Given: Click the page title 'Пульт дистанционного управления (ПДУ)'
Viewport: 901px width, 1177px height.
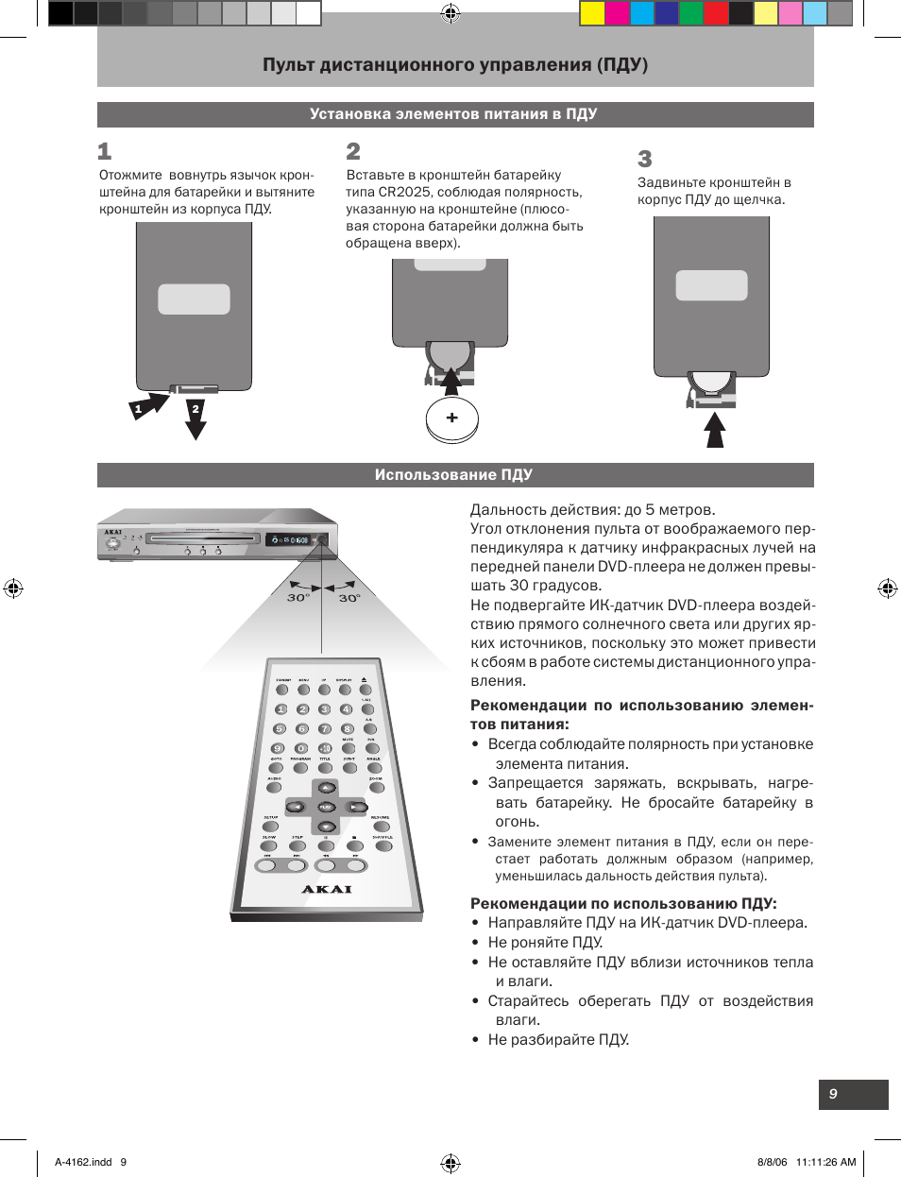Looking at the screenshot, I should tap(455, 65).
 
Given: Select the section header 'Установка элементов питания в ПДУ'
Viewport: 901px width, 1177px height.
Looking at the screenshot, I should tap(453, 114).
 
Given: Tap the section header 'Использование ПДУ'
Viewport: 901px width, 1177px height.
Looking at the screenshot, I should tap(453, 475).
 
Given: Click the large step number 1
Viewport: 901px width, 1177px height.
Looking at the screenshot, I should tap(105, 151).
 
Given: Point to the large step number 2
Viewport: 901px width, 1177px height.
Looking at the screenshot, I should tap(353, 151).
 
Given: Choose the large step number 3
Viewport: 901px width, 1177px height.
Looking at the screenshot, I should tap(645, 159).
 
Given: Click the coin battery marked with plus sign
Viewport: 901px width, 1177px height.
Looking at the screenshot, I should tap(451, 418).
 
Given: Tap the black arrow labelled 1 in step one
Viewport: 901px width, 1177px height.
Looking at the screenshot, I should tap(145, 407).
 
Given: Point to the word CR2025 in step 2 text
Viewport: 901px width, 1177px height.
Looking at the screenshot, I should tap(403, 192).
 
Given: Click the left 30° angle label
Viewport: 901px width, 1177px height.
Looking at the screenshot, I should tap(297, 598).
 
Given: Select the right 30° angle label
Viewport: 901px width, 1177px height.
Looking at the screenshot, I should tap(349, 598).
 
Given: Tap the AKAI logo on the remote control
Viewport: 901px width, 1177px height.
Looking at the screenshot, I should tap(327, 889).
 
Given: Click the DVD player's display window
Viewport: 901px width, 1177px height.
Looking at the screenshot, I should tap(289, 540).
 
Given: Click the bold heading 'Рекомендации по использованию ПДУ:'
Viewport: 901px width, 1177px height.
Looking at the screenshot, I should tap(623, 903).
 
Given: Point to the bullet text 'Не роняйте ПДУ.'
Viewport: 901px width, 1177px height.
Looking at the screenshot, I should tap(545, 942).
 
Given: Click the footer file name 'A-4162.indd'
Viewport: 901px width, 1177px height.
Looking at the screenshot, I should tap(83, 1162).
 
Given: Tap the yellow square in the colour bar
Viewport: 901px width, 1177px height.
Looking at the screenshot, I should tap(592, 12).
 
